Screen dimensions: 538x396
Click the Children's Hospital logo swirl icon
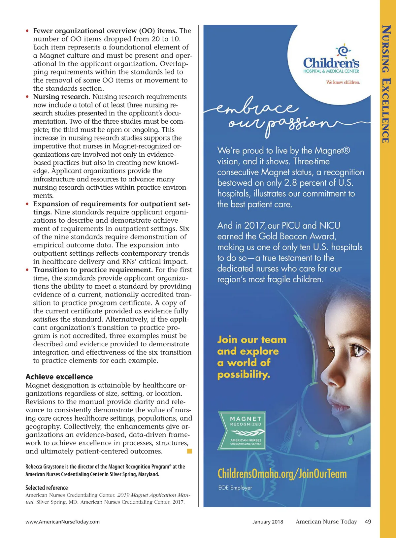coord(343,50)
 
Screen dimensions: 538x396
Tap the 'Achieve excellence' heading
coord(59,377)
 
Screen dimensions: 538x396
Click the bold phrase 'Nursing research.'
coord(62,97)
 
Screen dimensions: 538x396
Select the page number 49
coord(368,522)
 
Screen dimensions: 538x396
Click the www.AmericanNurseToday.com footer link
coord(62,522)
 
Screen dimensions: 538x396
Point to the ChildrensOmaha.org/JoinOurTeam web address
coord(282,474)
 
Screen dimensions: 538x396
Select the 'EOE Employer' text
coord(235,488)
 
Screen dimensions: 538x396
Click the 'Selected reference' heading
coord(47,488)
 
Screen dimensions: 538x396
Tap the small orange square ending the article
coord(189,451)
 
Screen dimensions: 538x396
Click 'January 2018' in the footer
coord(268,522)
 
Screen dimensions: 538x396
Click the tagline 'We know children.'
coord(343,82)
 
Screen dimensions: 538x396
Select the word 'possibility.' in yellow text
coord(244,375)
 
